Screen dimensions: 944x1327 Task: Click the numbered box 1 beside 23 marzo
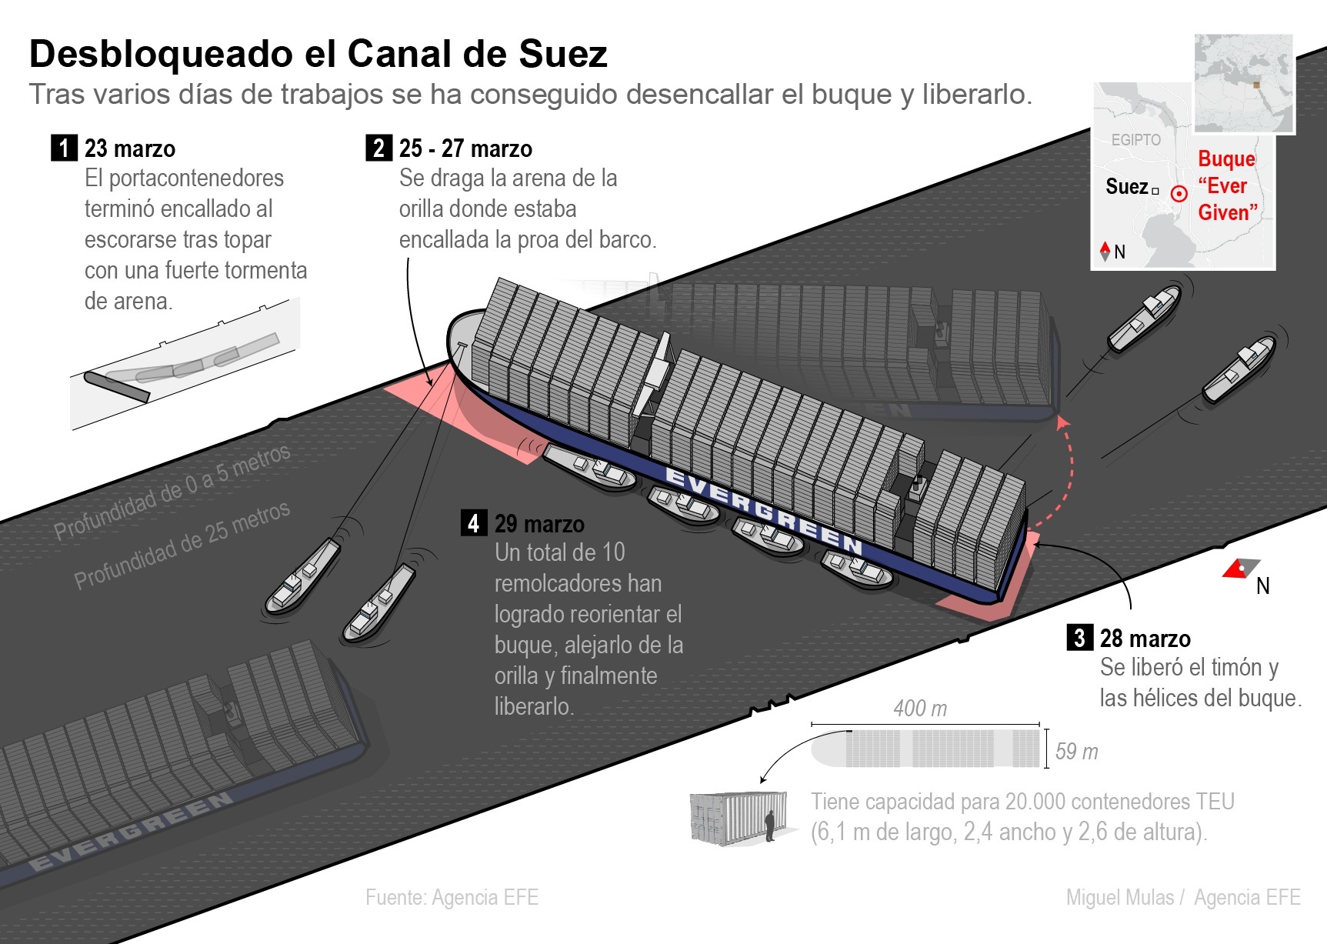(64, 148)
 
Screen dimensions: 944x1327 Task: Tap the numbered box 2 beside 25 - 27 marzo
(378, 148)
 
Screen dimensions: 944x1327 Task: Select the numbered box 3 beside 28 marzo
(1079, 638)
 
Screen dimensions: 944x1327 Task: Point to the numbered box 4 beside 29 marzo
(473, 523)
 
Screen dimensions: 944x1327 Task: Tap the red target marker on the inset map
(1179, 194)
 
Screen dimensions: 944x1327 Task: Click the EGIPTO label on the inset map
(1135, 140)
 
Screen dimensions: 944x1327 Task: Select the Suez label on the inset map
(1126, 187)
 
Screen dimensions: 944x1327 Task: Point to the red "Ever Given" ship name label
(1227, 185)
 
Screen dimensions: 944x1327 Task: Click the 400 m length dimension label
(920, 709)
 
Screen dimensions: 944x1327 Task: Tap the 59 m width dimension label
(1076, 752)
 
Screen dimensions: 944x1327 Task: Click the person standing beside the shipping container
(770, 826)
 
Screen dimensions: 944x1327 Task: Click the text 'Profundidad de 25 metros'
(182, 544)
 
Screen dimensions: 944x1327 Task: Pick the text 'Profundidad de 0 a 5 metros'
(172, 492)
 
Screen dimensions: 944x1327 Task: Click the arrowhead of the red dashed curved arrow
(1062, 421)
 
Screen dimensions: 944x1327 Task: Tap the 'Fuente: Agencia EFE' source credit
(452, 898)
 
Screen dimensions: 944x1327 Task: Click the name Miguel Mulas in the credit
(1119, 898)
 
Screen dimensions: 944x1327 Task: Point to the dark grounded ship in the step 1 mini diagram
(117, 387)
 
